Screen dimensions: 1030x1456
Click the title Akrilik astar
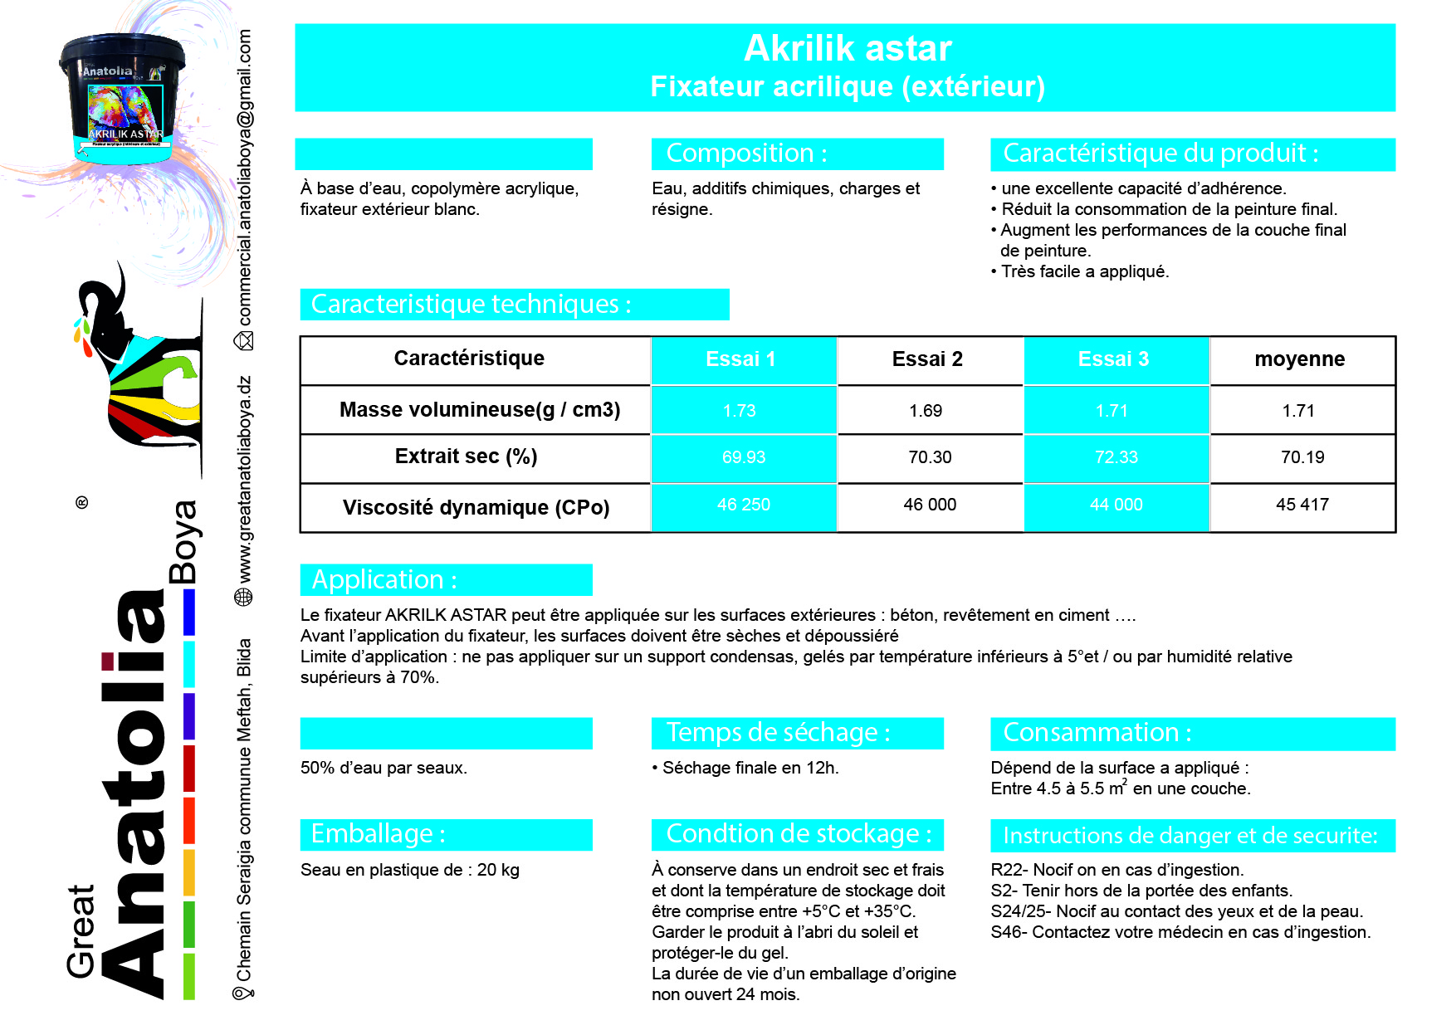coord(847,48)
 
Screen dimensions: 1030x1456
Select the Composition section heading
coord(746,154)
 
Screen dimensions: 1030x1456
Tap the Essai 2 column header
coord(927,359)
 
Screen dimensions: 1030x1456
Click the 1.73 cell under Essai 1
coord(739,411)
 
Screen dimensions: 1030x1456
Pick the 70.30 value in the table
coord(930,457)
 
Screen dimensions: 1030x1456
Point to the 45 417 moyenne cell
coord(1302,505)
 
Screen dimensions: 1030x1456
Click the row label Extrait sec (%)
coord(466,456)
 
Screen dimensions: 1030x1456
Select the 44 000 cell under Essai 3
coord(1116,505)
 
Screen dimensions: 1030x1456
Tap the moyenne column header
coord(1299,359)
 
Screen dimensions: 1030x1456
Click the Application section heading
coord(384,579)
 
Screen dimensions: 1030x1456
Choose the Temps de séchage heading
coord(778,732)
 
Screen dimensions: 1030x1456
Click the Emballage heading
coord(378,833)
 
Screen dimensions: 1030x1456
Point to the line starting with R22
coord(1116,870)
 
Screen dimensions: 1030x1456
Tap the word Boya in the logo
coord(183,541)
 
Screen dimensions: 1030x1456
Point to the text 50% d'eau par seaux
coord(384,768)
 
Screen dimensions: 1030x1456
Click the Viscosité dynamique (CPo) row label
coord(476,507)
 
